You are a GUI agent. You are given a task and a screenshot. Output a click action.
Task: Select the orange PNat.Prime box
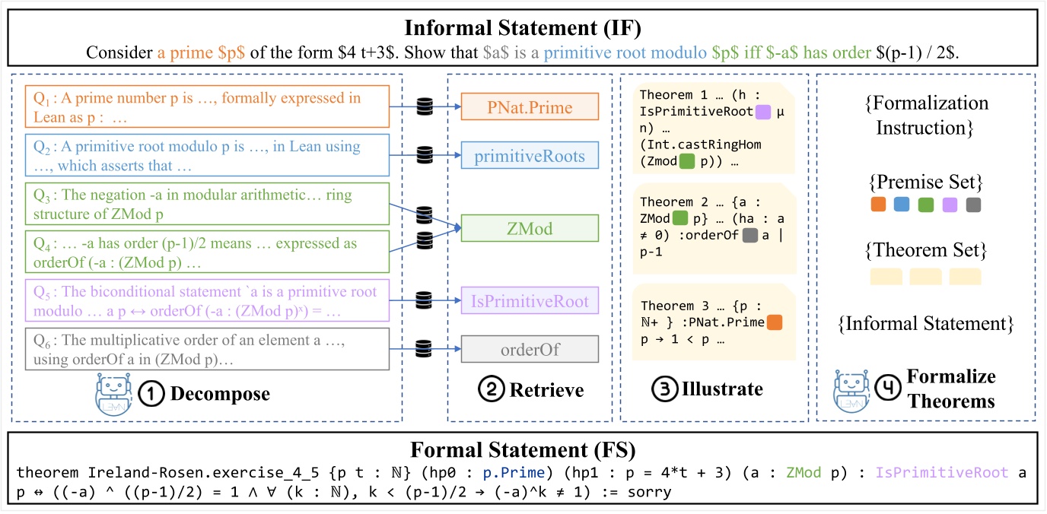[x=530, y=108]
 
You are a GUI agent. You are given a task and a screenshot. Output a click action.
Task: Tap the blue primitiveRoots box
[x=530, y=156]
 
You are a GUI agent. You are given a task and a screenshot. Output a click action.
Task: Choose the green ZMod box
[x=530, y=227]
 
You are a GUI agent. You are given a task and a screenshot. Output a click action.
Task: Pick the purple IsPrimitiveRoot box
[x=530, y=301]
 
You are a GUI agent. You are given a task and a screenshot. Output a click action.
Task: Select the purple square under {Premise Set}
[x=947, y=205]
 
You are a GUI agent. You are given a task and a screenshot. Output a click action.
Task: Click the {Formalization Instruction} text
[x=925, y=115]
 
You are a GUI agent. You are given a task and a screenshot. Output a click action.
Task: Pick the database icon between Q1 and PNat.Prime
[x=425, y=107]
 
